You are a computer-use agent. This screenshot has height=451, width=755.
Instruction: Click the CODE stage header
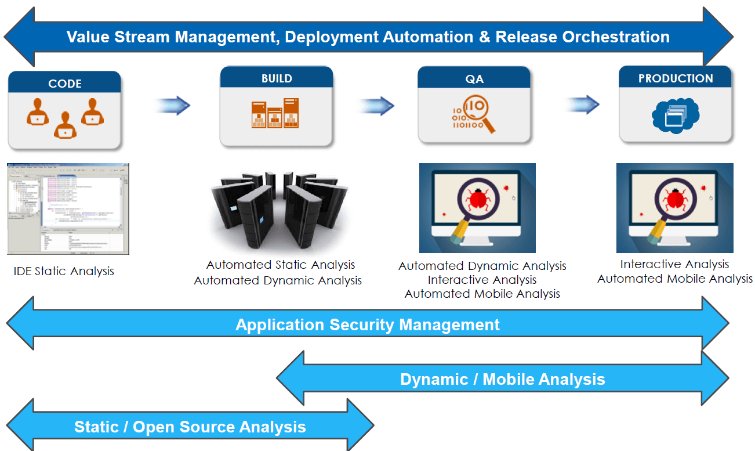[64, 84]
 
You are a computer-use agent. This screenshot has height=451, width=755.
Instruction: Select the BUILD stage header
[277, 78]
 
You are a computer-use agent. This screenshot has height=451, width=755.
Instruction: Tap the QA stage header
[474, 79]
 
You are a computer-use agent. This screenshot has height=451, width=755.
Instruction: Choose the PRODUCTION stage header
[676, 78]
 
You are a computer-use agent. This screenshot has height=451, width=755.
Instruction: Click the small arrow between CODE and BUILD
[173, 106]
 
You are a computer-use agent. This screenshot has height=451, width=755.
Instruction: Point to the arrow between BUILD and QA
[376, 106]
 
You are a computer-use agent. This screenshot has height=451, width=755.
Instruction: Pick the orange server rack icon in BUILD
[275, 114]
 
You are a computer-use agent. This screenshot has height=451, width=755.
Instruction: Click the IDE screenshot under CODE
[68, 209]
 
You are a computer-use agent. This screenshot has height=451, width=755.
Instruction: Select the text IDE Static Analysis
[64, 271]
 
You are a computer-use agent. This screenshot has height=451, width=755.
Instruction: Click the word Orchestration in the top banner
[616, 37]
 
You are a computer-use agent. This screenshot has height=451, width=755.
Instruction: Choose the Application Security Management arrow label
[367, 324]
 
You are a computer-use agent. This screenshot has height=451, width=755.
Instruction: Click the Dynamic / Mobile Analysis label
[502, 380]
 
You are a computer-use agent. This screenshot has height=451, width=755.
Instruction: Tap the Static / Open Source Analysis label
[190, 427]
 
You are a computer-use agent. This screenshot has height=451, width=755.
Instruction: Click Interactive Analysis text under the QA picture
[482, 280]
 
